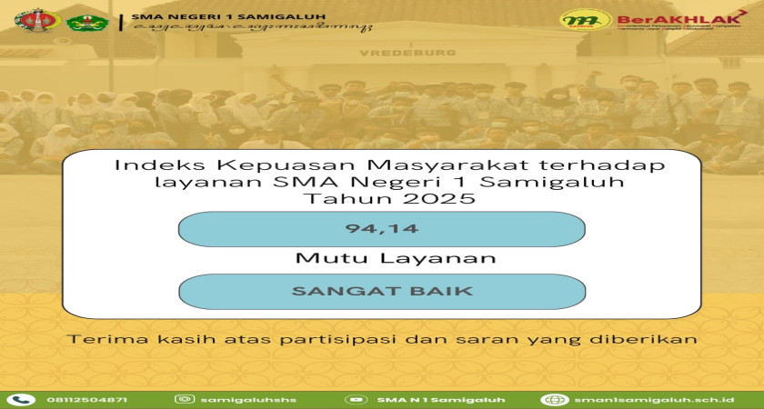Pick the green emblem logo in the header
[87, 20]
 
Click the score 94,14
[381, 229]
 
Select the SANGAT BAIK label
[381, 292]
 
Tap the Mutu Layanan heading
[395, 259]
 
